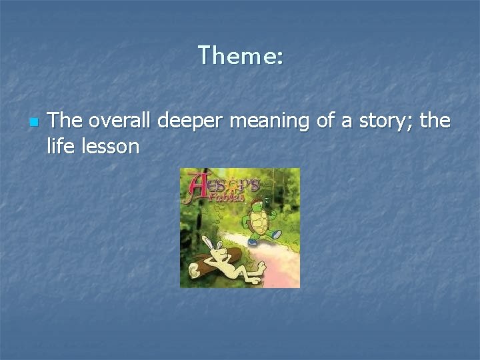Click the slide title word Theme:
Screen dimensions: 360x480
[240, 55]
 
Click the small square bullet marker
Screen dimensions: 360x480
[33, 123]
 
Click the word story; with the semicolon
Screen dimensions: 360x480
[385, 122]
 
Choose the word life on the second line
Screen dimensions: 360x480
[59, 146]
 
